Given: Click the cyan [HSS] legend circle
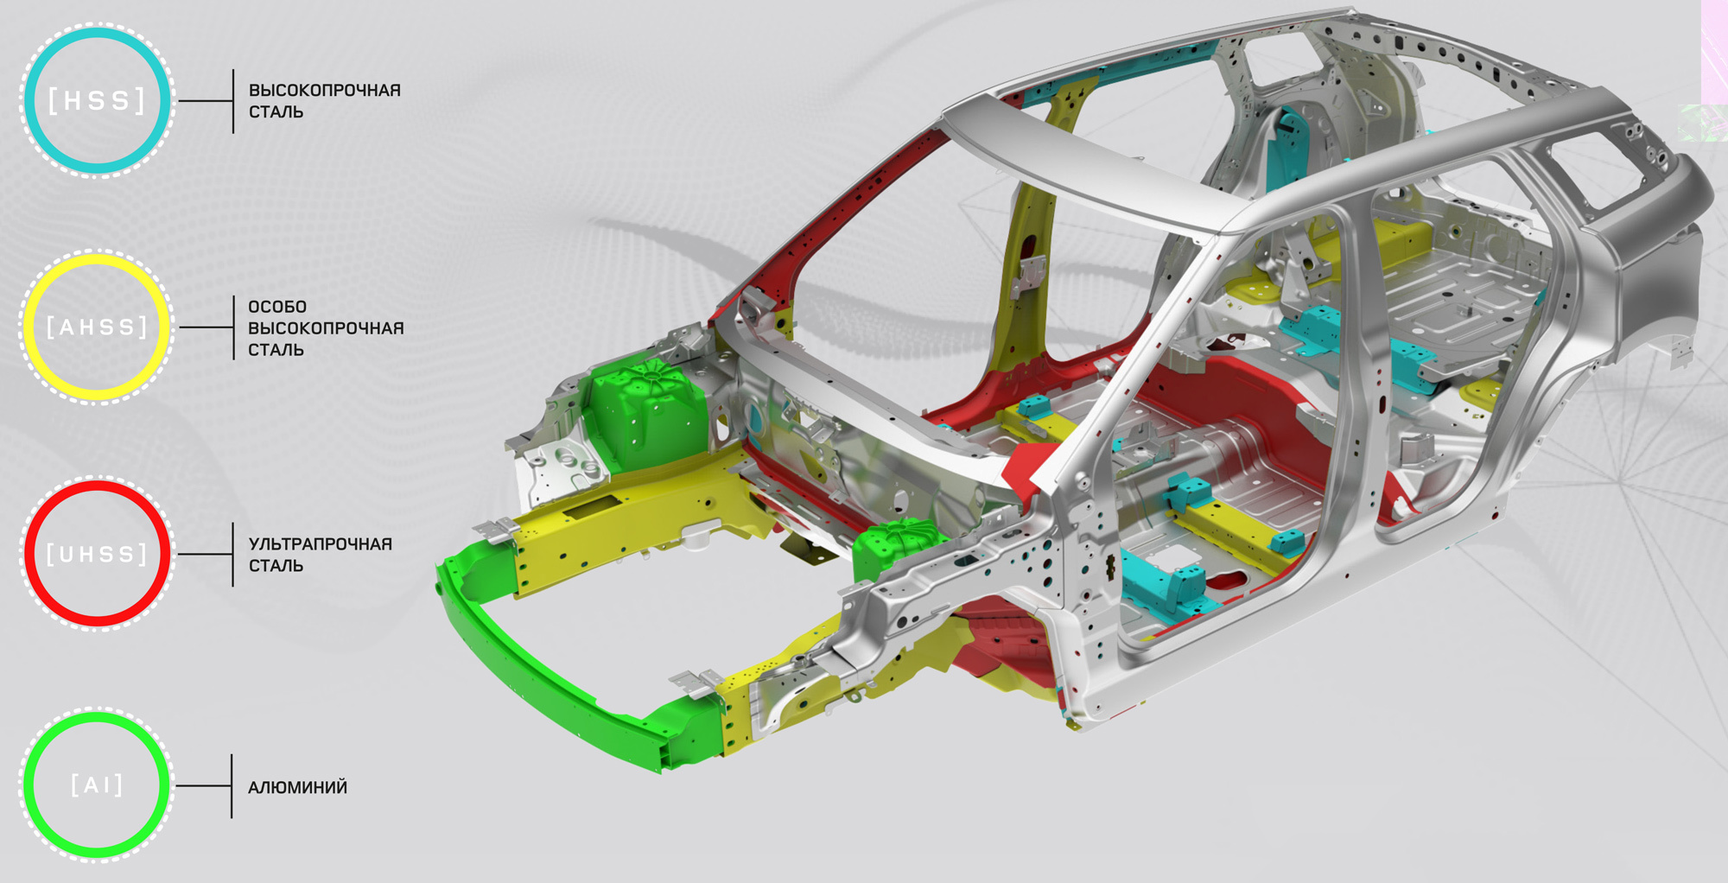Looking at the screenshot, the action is click(97, 31).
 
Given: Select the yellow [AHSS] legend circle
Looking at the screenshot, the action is click(97, 257).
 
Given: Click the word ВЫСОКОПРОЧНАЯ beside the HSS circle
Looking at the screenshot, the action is click(325, 90).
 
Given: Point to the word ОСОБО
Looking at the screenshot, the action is click(277, 307).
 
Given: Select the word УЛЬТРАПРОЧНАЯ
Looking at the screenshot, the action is click(321, 543).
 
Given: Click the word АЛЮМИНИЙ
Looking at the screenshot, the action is click(298, 787).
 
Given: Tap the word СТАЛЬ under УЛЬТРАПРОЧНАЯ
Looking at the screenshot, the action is click(276, 565).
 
